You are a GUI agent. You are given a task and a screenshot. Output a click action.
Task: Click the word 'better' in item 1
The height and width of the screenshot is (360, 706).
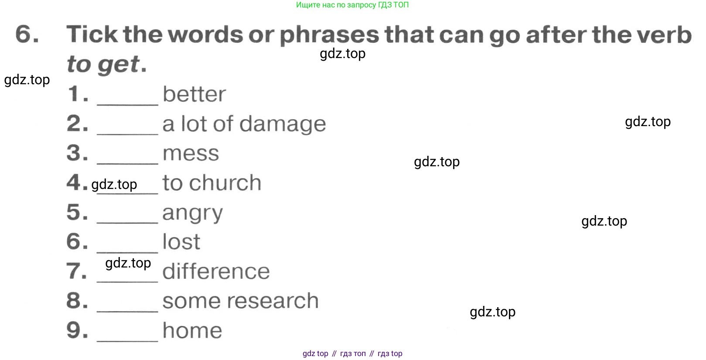point(194,94)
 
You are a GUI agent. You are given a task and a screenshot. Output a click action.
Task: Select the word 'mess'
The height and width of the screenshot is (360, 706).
point(191,154)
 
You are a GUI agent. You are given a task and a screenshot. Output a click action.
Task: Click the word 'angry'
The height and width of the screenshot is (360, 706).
point(193,214)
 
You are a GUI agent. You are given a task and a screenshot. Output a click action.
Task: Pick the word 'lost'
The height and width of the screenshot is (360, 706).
point(181,242)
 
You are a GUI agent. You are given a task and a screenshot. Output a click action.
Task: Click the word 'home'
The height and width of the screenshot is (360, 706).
point(192,330)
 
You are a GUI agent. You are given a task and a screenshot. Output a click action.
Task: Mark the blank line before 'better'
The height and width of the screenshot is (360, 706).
point(127,104)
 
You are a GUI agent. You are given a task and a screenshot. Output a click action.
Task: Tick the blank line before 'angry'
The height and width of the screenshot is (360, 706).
point(127,223)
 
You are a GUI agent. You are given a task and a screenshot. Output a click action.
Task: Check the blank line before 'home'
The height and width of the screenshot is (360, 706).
point(127,341)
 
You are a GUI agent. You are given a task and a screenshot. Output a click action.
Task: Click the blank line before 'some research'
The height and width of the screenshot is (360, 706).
point(127,311)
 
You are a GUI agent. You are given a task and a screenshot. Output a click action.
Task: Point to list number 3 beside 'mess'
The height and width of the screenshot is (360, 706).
point(77,153)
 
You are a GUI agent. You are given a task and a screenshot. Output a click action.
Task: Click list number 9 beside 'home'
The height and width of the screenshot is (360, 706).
point(77,330)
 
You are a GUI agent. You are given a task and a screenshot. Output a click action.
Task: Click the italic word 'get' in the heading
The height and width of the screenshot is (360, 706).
point(119,65)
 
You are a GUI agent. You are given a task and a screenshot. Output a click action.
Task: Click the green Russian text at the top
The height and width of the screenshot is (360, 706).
point(352,5)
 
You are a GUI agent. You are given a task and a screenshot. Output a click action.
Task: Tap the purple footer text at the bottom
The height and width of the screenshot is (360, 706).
point(352,353)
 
